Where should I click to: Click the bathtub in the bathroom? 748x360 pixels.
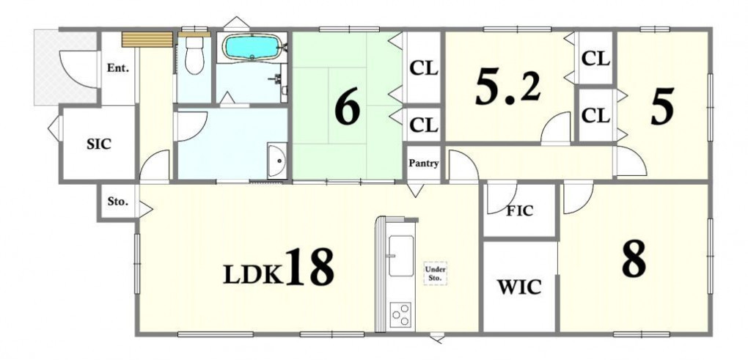(252, 47)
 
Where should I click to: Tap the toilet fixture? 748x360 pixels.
(194, 56)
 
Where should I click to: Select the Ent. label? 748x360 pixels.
(118, 68)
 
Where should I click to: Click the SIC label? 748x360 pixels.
(99, 144)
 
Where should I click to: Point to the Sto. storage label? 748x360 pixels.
(117, 201)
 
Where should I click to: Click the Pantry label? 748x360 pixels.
(424, 163)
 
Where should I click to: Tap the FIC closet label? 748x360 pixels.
(519, 210)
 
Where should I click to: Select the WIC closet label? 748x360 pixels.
(519, 287)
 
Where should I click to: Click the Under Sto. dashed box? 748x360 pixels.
(436, 273)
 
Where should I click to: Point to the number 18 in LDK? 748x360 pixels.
(309, 267)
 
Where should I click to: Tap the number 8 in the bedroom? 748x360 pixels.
(634, 258)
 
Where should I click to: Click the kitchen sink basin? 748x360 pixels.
(401, 257)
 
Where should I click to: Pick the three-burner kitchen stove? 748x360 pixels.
(401, 315)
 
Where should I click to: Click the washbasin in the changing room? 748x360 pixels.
(276, 161)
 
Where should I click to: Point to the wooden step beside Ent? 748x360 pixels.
(147, 40)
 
